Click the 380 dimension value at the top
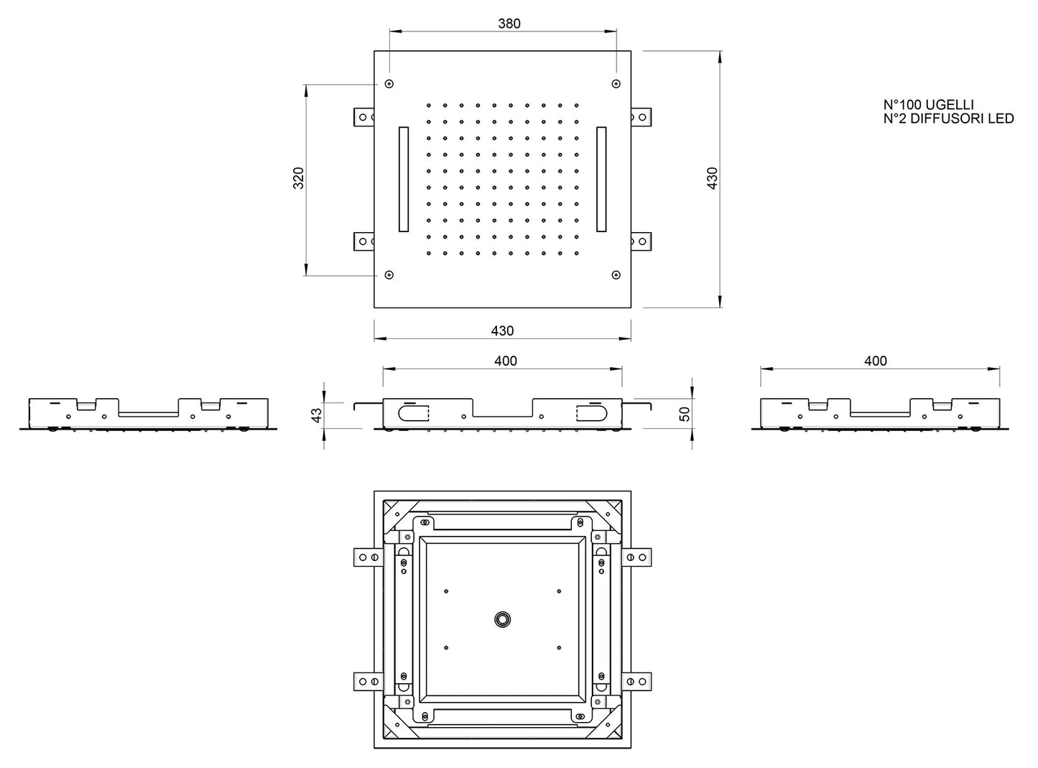(509, 24)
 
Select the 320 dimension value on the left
(299, 178)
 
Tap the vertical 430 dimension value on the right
(712, 178)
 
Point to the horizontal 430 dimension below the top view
(502, 331)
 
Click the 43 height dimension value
(317, 415)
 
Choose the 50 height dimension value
(684, 415)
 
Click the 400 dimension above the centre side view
(506, 361)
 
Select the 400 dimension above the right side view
(875, 361)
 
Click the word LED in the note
(1001, 119)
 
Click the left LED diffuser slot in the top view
(404, 179)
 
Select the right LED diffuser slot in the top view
(601, 179)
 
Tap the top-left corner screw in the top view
(389, 84)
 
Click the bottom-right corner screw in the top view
(616, 274)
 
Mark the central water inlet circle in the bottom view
(502, 619)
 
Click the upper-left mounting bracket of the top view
(363, 117)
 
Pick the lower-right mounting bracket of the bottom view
(636, 681)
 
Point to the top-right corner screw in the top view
(616, 84)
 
